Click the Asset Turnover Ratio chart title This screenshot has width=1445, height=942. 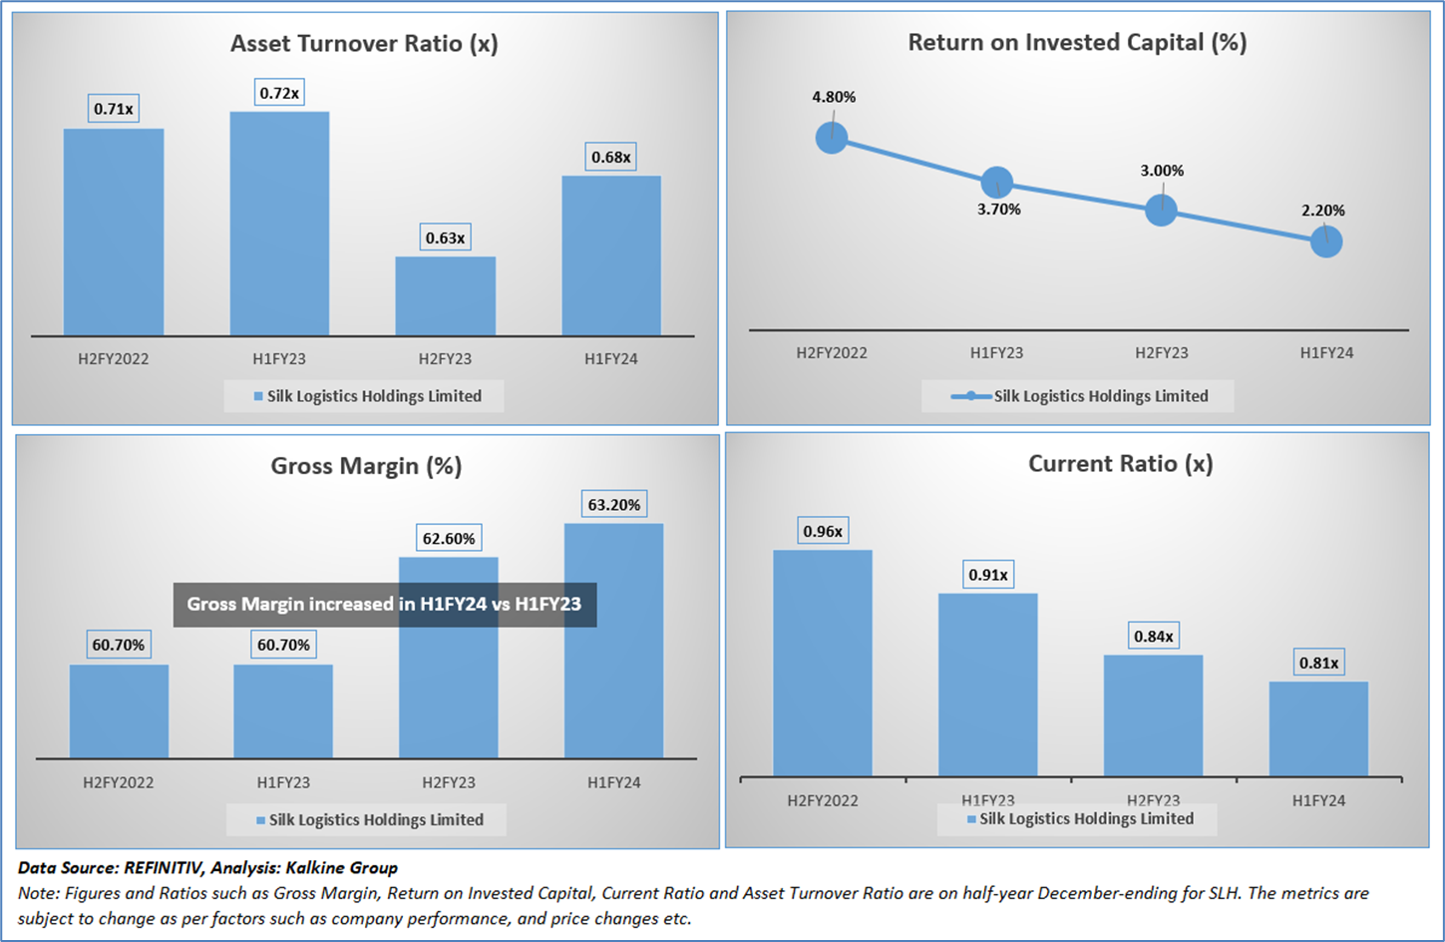tap(364, 44)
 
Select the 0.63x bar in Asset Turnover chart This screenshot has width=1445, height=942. tap(445, 296)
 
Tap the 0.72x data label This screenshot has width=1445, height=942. tap(279, 93)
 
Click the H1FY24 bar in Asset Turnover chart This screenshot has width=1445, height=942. tap(610, 255)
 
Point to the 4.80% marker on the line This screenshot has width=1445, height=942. tap(832, 138)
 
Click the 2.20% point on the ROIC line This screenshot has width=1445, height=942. tap(1326, 241)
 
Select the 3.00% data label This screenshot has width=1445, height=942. tap(1162, 171)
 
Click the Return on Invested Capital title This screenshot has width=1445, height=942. tap(1077, 43)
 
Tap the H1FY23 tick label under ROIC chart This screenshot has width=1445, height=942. tap(996, 353)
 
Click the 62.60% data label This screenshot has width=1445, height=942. tap(449, 539)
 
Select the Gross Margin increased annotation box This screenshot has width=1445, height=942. tap(384, 605)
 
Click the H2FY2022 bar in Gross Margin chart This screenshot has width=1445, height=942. tap(119, 711)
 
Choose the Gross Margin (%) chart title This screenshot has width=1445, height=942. tap(366, 466)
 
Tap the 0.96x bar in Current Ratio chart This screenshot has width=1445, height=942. tap(822, 663)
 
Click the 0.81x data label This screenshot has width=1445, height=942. tap(1318, 663)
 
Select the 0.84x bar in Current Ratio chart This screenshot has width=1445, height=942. tap(1153, 715)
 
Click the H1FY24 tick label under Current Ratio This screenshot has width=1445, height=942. tap(1318, 800)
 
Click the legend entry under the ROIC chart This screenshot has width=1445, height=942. tap(1079, 396)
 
